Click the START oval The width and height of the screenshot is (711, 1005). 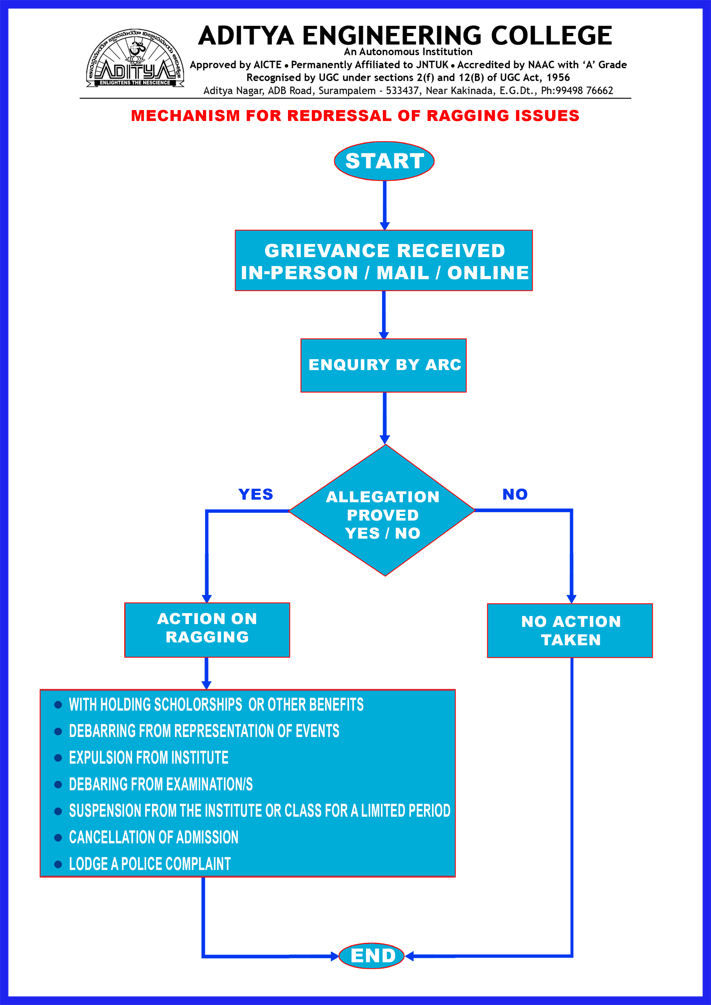point(384,161)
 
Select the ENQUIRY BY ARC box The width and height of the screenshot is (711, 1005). point(383,365)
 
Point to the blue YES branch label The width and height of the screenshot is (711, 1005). point(256,494)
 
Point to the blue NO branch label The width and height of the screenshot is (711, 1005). point(515,494)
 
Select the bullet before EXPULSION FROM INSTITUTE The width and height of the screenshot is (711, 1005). point(58,758)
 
